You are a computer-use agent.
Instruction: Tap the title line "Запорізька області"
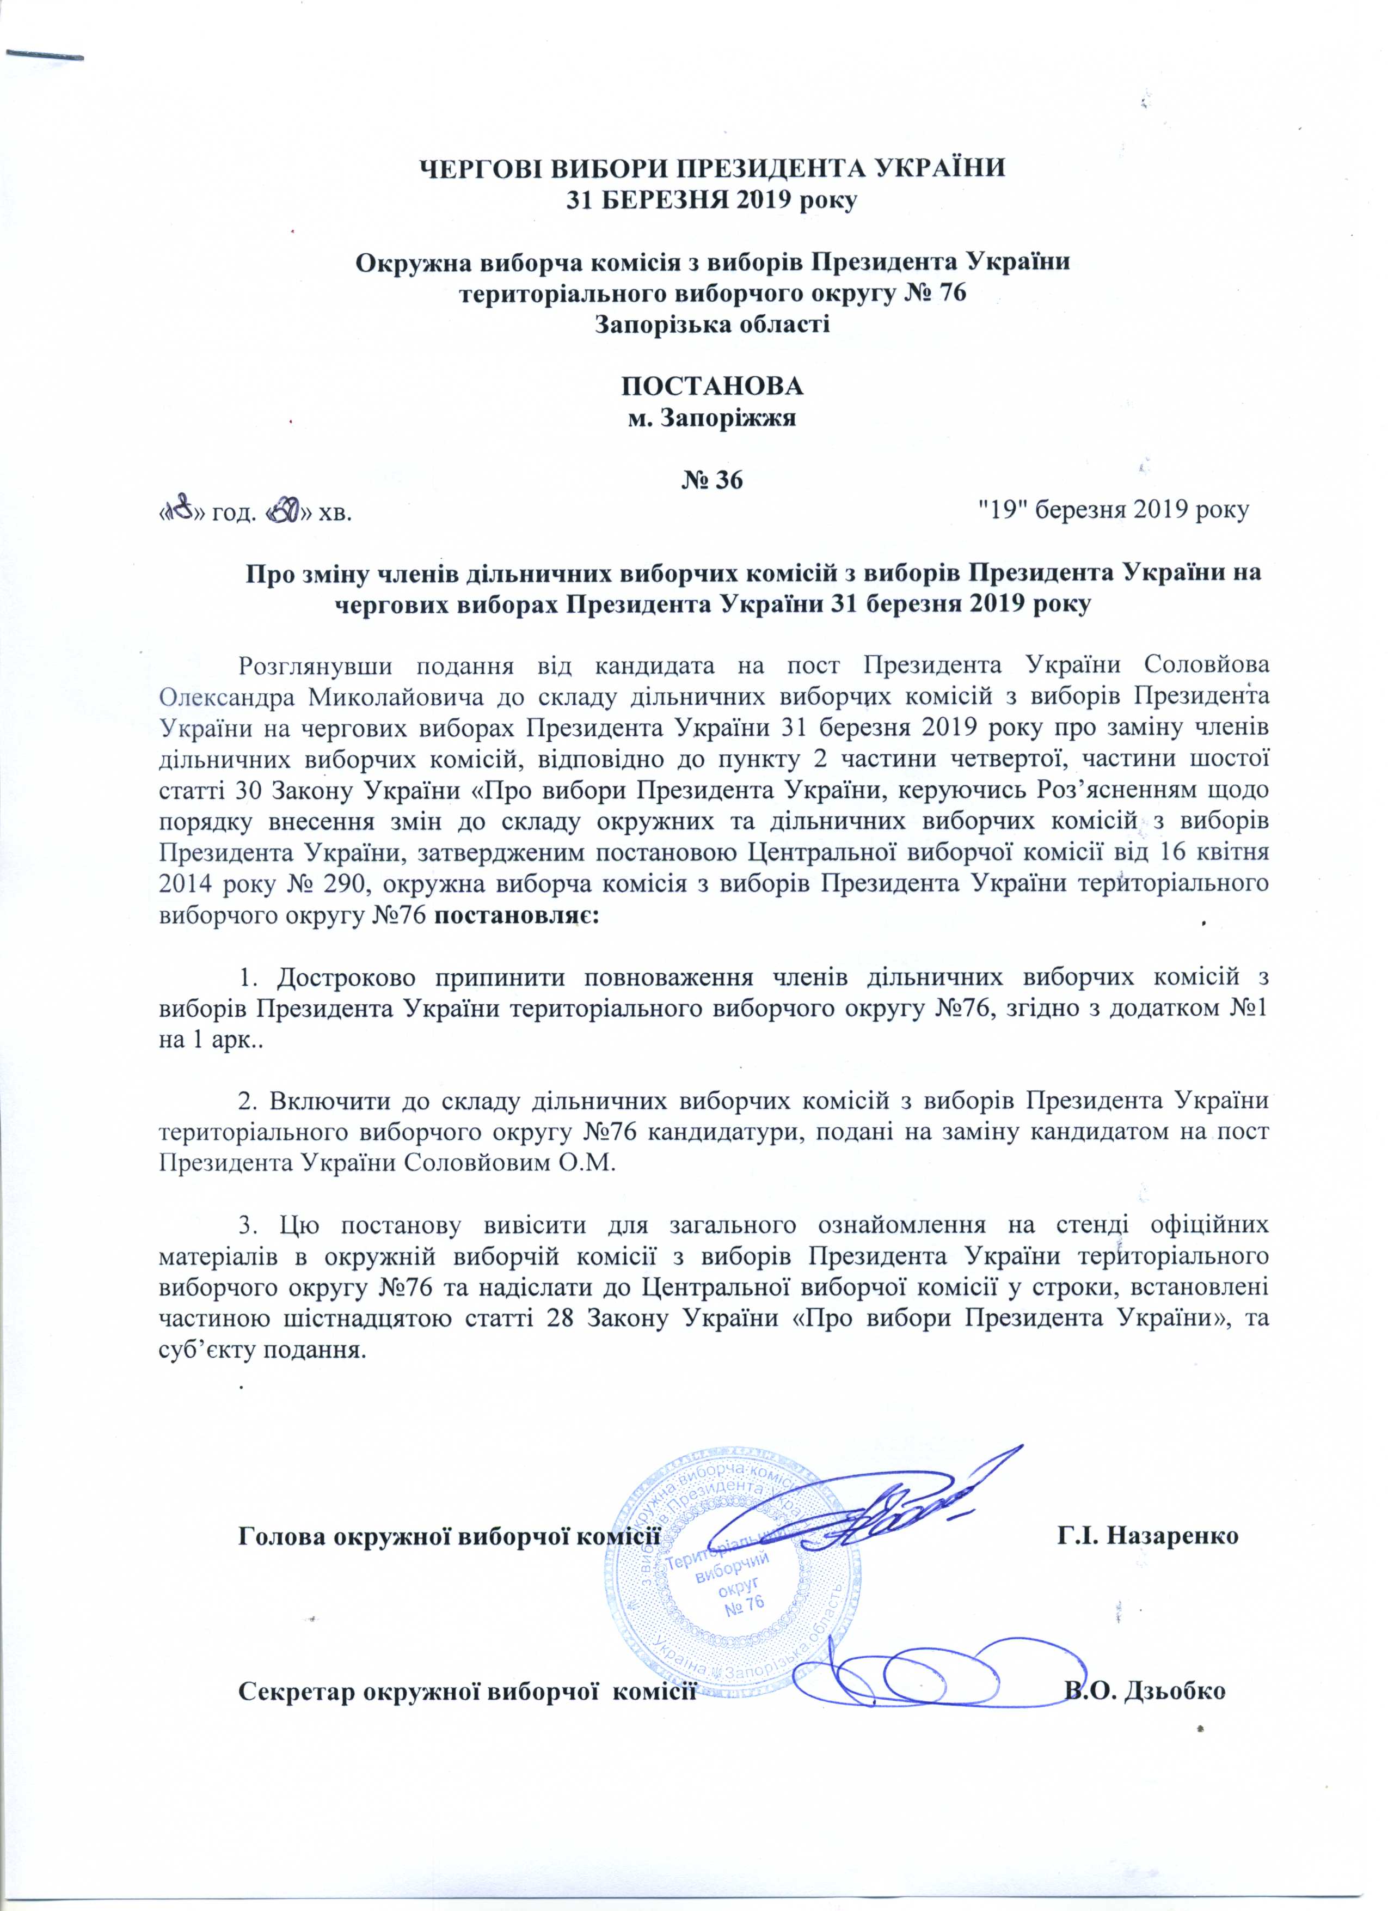[x=713, y=325]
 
